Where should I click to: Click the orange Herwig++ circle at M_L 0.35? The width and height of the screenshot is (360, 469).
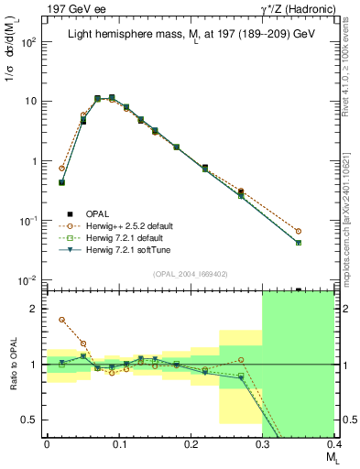(x=324, y=232)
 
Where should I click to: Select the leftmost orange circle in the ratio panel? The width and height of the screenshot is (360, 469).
(x=61, y=320)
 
